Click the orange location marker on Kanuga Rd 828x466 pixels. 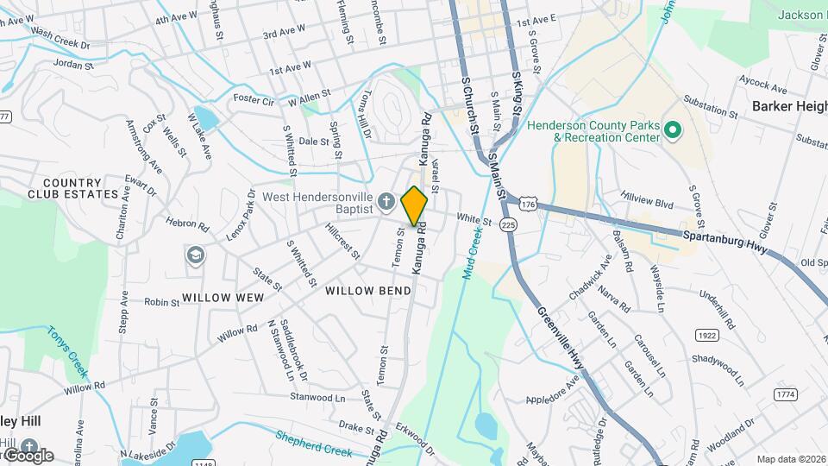pyautogui.click(x=415, y=205)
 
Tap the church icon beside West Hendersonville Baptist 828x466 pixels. pyautogui.click(x=387, y=202)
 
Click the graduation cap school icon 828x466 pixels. pyautogui.click(x=196, y=255)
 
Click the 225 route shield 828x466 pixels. pyautogui.click(x=508, y=224)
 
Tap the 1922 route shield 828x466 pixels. pyautogui.click(x=706, y=334)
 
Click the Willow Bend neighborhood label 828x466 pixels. pyautogui.click(x=368, y=291)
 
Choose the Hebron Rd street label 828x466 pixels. pyautogui.click(x=189, y=226)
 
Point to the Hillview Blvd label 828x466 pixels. pyautogui.click(x=646, y=198)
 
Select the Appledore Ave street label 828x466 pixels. pyautogui.click(x=554, y=387)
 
